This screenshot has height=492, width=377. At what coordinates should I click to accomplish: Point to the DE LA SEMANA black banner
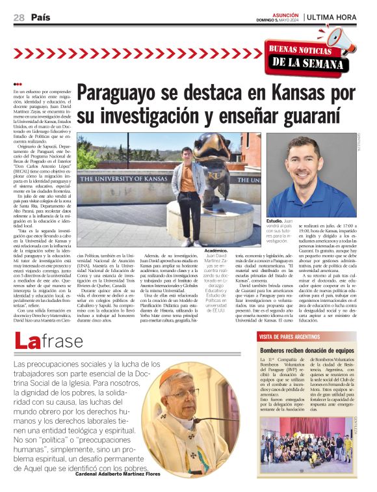[x=307, y=62]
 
